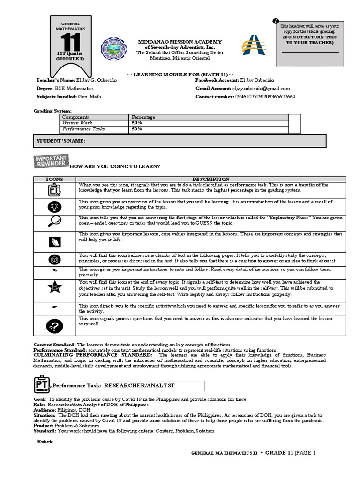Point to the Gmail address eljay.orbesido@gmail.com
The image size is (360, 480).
point(261,88)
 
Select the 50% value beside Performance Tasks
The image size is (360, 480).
point(137,129)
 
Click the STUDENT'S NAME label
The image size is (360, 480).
point(61,141)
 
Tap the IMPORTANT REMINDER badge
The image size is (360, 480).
point(51,161)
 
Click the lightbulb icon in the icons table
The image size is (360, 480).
point(53,206)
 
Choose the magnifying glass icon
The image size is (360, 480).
point(53,222)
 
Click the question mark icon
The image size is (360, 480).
point(53,325)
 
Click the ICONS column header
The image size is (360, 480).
point(54,179)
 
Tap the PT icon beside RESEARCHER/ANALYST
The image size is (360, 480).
point(41,384)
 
